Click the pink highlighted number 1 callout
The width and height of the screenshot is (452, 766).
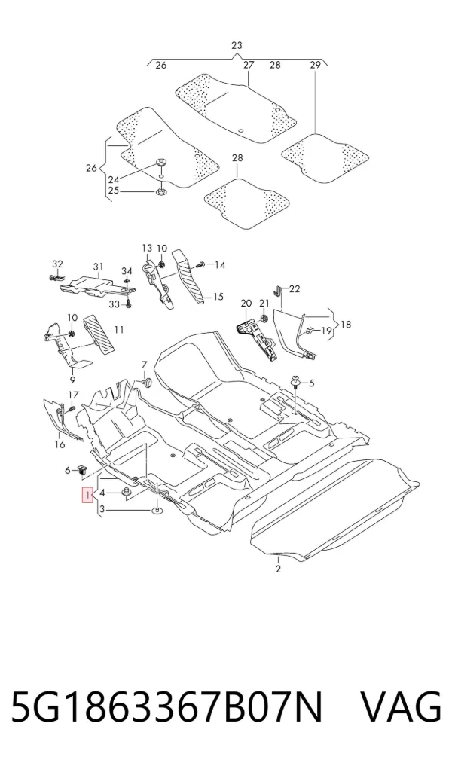(87, 496)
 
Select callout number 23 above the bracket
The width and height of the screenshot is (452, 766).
(237, 45)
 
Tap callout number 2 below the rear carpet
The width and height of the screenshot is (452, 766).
(278, 569)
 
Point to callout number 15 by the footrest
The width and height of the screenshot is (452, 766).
(218, 297)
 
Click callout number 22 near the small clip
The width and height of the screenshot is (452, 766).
(294, 288)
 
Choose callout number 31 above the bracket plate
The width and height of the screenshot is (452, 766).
(99, 266)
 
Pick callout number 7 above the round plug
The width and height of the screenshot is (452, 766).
(144, 365)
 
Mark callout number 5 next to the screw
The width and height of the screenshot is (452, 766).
(312, 383)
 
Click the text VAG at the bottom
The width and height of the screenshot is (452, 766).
(401, 707)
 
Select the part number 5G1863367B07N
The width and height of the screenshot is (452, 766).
(166, 707)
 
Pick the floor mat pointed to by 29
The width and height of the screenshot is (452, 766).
(325, 157)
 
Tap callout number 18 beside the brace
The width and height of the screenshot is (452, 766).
(346, 325)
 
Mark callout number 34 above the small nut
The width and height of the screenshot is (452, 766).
(127, 271)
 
